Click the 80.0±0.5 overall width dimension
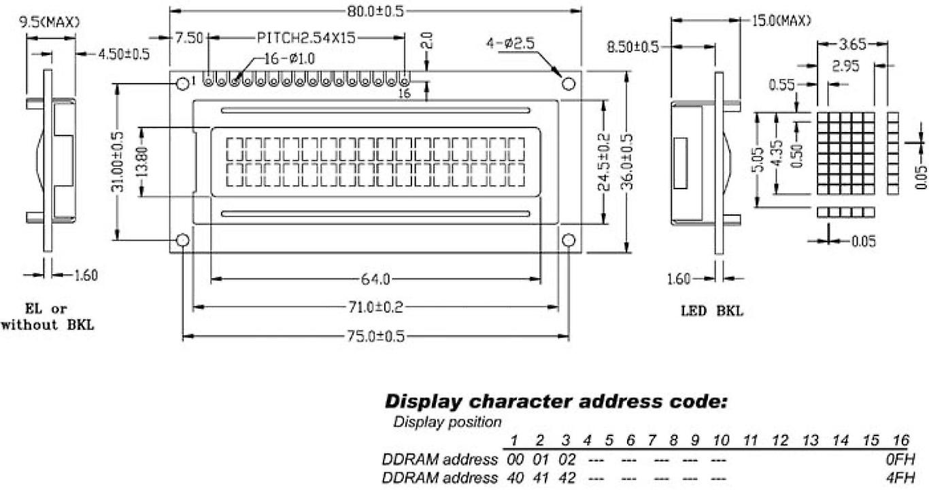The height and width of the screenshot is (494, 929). [375, 12]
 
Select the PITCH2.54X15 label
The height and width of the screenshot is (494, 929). [305, 37]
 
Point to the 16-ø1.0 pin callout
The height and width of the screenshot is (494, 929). [289, 59]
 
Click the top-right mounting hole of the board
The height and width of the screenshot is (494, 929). [569, 84]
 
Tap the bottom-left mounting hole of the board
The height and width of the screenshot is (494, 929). [182, 240]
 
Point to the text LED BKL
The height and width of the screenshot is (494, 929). [712, 312]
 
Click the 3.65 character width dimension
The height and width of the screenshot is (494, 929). [853, 45]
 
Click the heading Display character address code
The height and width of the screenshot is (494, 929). [556, 401]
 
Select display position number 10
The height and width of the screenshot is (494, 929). [720, 441]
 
